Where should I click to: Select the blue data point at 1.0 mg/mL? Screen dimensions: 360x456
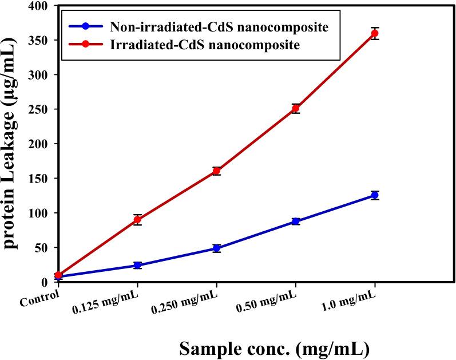375,195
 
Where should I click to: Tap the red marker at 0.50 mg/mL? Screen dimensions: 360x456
295,108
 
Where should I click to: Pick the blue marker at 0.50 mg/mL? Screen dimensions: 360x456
295,221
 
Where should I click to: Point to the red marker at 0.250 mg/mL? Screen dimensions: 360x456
216,171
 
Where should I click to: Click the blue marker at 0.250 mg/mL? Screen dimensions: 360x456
216,248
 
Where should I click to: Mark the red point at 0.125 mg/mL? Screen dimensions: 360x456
137,220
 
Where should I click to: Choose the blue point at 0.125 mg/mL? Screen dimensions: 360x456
137,266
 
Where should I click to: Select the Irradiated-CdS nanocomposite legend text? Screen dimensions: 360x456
204,45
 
